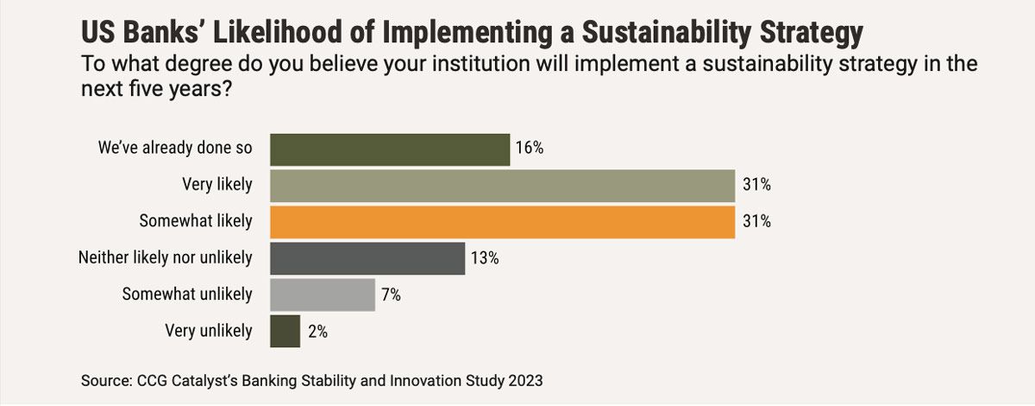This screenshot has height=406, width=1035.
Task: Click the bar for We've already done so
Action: (x=390, y=149)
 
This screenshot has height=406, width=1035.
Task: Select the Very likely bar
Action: (x=503, y=185)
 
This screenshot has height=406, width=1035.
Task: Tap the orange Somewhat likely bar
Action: (x=503, y=221)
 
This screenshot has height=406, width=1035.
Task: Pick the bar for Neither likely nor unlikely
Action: (x=367, y=258)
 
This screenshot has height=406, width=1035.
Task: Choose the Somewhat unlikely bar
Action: (x=323, y=295)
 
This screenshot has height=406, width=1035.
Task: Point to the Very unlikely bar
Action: (x=285, y=331)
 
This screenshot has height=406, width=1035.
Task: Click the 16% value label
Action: (x=529, y=149)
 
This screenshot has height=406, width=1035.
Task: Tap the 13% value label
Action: (x=484, y=258)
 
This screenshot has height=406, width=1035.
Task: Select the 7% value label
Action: (x=391, y=295)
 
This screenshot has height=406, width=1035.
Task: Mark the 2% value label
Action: (x=316, y=331)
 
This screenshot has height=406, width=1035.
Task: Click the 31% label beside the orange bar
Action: (x=756, y=221)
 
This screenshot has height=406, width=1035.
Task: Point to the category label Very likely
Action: (x=217, y=185)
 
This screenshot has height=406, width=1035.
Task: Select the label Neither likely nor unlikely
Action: (x=166, y=258)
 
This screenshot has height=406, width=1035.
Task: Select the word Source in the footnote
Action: (x=103, y=380)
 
